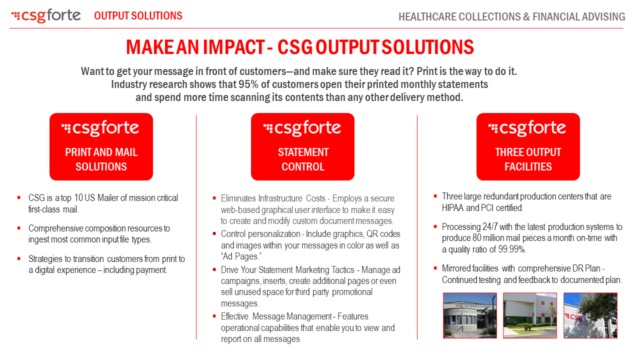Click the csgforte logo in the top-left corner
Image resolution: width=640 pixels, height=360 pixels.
click(46, 16)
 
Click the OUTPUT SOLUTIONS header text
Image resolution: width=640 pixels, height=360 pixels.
click(138, 16)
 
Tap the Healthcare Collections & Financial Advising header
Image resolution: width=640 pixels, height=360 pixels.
click(511, 17)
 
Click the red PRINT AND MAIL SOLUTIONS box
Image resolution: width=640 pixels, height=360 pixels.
click(101, 146)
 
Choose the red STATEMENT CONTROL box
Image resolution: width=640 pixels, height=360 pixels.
click(302, 146)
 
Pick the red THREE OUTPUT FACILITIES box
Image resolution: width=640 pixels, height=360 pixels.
click(528, 146)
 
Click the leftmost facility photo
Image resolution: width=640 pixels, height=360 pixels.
click(470, 315)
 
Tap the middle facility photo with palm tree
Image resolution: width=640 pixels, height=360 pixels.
click(530, 315)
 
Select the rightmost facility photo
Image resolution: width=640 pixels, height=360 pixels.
click(590, 315)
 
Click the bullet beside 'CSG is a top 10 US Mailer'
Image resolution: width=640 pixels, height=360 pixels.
click(19, 198)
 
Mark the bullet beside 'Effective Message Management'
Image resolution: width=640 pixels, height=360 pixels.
click(214, 316)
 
